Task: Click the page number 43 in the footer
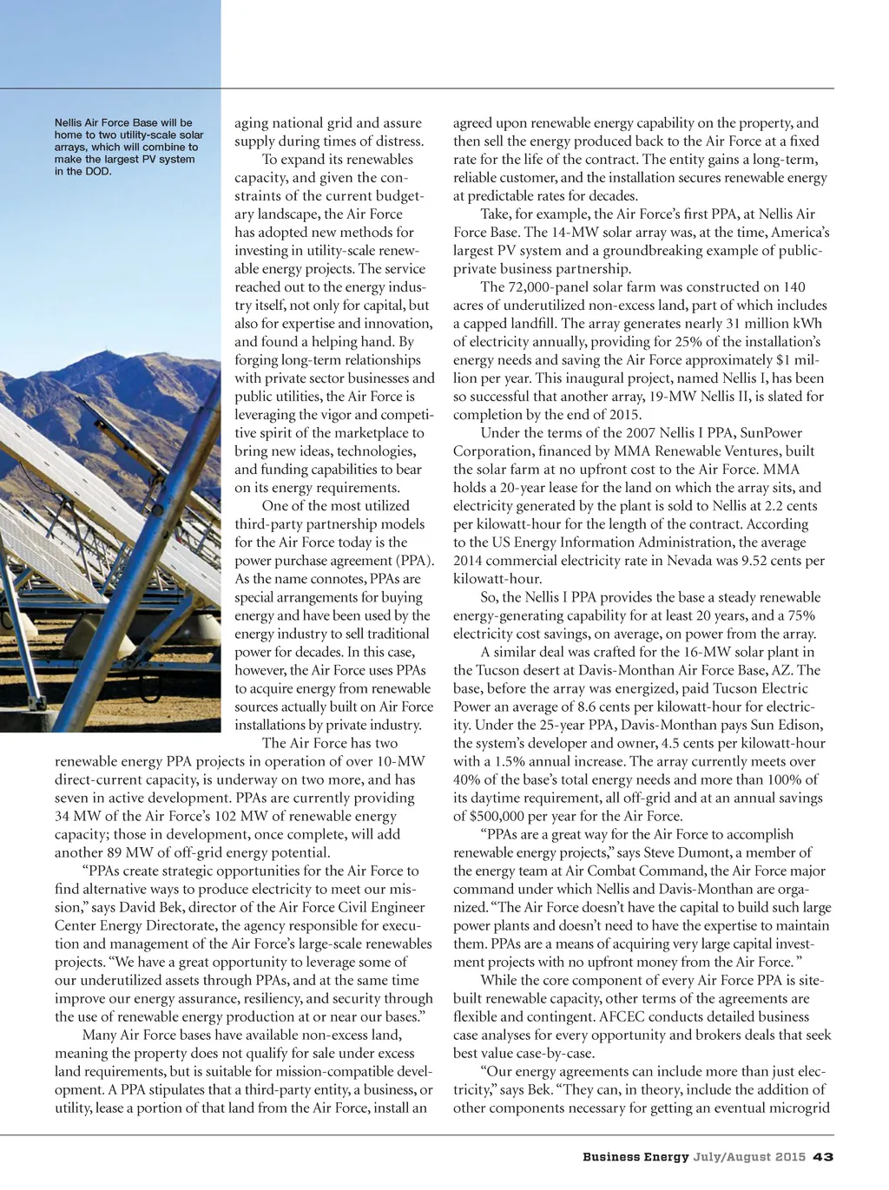823,1156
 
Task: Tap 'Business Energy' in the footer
635,1156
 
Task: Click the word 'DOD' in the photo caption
99,171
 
